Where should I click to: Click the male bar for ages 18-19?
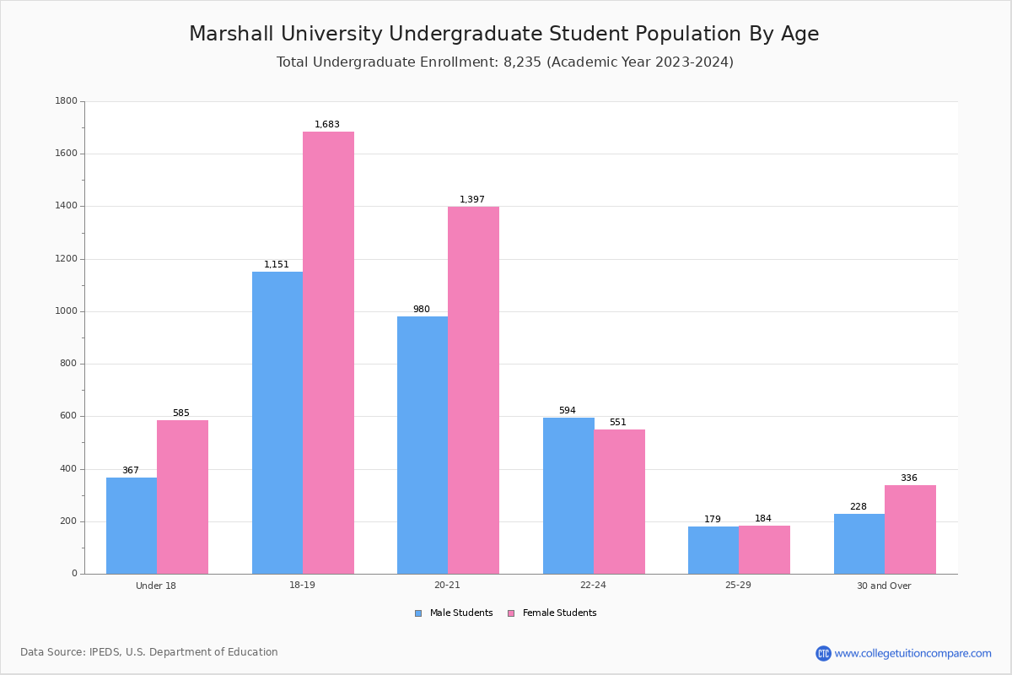point(277,422)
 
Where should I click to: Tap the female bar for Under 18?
point(182,497)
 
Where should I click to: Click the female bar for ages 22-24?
point(619,501)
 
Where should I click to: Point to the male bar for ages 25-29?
point(713,550)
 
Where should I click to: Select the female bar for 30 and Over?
point(910,529)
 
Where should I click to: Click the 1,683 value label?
point(327,125)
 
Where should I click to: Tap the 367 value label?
point(131,471)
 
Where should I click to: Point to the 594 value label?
point(568,411)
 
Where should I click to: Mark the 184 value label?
point(763,519)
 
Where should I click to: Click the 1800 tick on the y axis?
point(66,101)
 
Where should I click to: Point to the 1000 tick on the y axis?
point(66,311)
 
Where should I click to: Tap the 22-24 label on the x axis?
point(593,586)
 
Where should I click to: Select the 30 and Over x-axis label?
point(884,586)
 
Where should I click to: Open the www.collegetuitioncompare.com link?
point(912,653)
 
